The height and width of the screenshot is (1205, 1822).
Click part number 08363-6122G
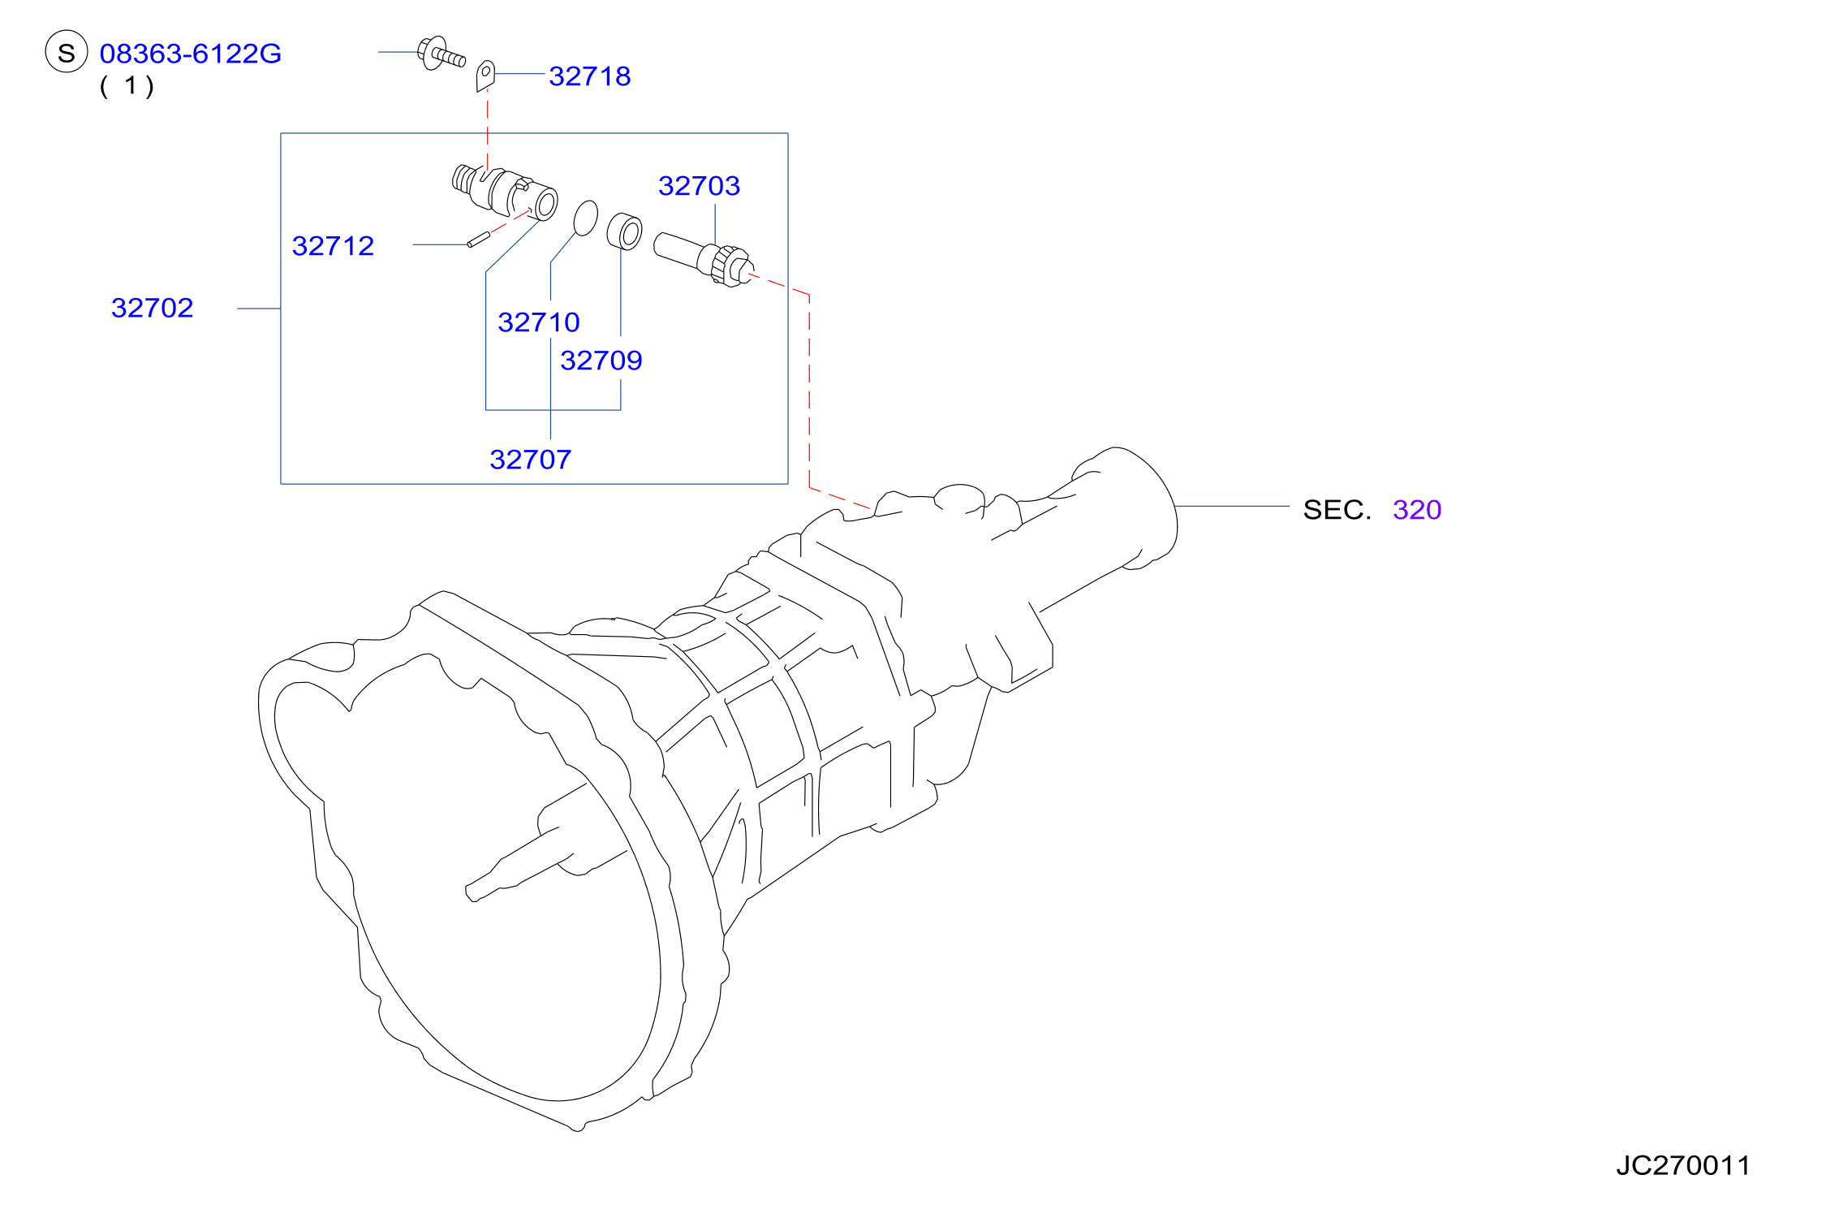pyautogui.click(x=191, y=54)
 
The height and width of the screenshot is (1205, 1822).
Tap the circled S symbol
pyautogui.click(x=67, y=52)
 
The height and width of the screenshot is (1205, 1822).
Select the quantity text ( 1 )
pyautogui.click(x=127, y=85)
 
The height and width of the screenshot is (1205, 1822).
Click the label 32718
pyautogui.click(x=590, y=76)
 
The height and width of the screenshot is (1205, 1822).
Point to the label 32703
pyautogui.click(x=699, y=186)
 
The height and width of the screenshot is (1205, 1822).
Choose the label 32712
pyautogui.click(x=333, y=246)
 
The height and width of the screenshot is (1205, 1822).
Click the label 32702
pyautogui.click(x=152, y=308)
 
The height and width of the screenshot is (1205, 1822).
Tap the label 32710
pyautogui.click(x=539, y=322)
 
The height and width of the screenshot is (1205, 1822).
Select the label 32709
pyautogui.click(x=601, y=361)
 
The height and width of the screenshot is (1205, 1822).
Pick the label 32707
pyautogui.click(x=531, y=460)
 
